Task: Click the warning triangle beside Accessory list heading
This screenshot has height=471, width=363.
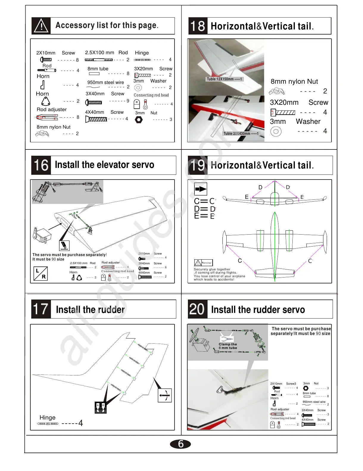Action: coord(41,26)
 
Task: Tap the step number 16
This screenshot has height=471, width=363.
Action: coord(41,165)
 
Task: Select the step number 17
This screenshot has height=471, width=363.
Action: coord(41,309)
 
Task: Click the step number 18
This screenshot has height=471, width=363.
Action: coord(198,26)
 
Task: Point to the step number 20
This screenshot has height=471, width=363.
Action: coord(197,309)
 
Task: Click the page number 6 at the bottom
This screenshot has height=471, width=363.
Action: coord(180,444)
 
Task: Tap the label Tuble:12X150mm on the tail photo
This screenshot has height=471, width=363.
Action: coord(224,79)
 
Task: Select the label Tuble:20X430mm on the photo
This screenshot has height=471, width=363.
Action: coord(241,134)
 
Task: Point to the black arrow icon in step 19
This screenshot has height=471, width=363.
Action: coord(201,189)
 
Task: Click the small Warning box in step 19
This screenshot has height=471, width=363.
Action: coord(203,263)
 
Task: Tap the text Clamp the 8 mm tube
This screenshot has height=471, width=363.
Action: coord(228,346)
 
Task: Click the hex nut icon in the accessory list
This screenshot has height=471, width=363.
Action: coord(139,120)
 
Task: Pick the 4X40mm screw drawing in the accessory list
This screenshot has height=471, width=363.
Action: coord(96,119)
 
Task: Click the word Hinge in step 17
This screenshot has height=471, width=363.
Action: coord(47,417)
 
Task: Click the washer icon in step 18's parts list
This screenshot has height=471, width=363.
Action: coord(276,131)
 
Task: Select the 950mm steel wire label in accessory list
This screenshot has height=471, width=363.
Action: coord(105,82)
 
